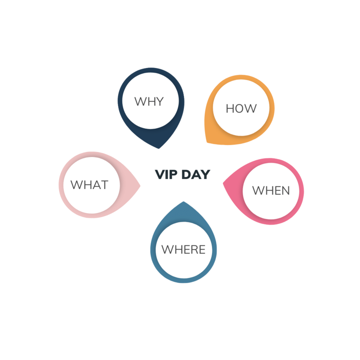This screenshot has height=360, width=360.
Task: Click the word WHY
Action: tap(149, 102)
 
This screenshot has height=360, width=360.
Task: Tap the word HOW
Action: tap(241, 108)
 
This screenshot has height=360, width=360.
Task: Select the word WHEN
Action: tap(271, 190)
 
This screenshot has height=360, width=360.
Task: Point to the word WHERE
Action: tap(183, 250)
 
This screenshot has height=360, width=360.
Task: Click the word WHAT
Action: tap(89, 185)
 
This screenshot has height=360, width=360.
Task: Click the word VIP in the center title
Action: tap(166, 175)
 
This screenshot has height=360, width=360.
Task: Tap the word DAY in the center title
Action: tap(196, 175)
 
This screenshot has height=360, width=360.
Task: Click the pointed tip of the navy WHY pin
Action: tap(159, 148)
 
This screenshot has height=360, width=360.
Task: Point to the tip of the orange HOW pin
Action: tap(207, 142)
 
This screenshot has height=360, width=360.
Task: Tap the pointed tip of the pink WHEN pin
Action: tap(223, 183)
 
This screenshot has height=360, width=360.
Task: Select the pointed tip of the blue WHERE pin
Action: tap(184, 202)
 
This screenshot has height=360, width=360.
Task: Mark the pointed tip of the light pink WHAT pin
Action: tap(140, 185)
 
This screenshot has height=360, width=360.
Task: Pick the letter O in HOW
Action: tap(241, 108)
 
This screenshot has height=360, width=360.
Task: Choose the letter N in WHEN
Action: tap(285, 190)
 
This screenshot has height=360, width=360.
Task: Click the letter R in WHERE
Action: tap(193, 250)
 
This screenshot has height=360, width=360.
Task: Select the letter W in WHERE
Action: tap(167, 250)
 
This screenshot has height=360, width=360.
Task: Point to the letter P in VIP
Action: tap(173, 175)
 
